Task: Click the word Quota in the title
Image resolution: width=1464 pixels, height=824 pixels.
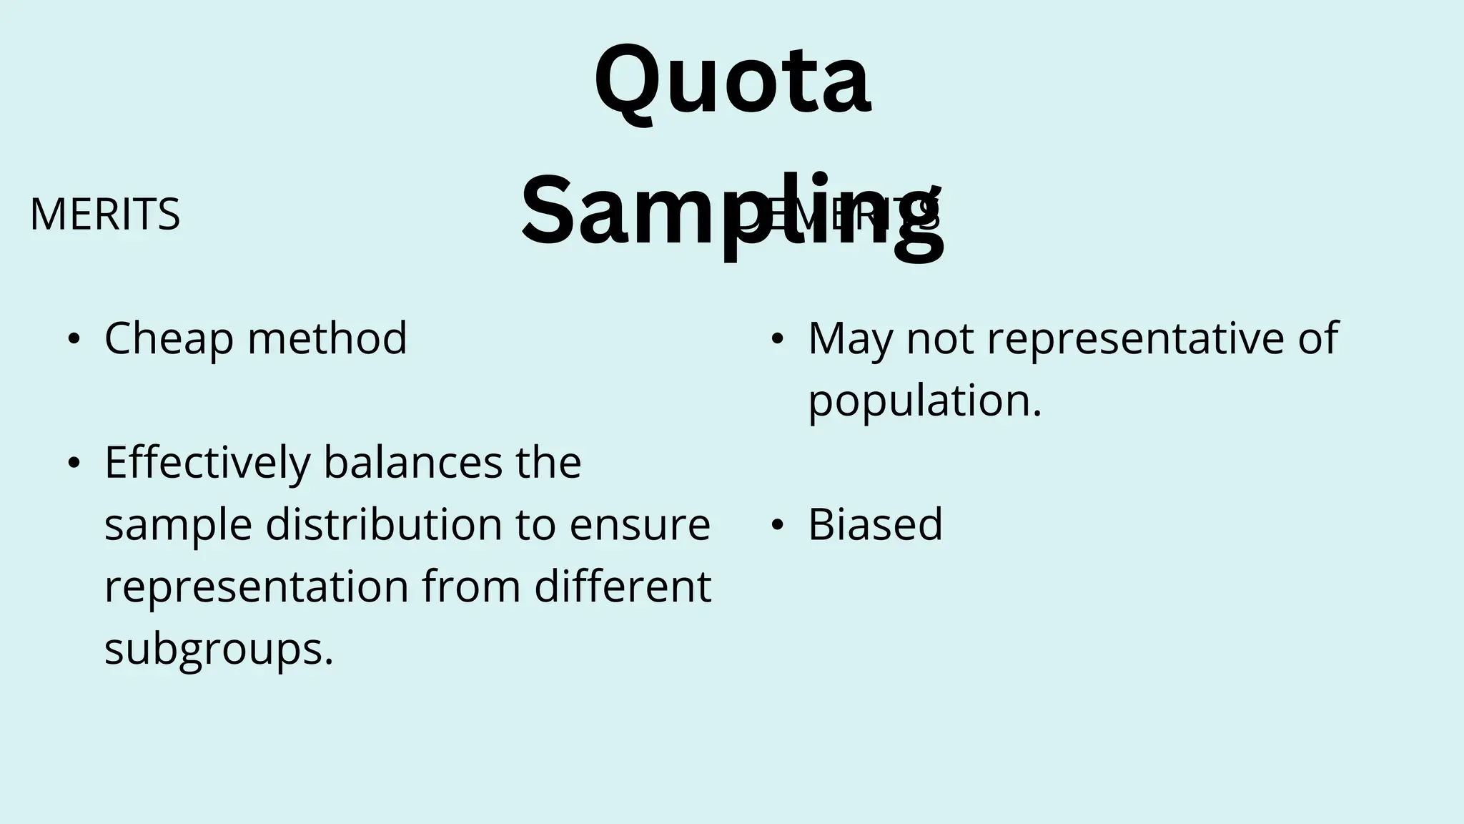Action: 732,82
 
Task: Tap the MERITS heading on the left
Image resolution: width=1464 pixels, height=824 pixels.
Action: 105,215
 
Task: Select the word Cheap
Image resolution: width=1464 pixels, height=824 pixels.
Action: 169,338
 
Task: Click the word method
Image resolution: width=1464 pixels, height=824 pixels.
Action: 327,338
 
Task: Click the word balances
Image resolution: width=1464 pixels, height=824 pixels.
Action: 412,463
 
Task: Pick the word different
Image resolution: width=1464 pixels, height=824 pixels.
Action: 623,587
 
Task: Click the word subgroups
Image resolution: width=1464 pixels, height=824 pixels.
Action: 218,649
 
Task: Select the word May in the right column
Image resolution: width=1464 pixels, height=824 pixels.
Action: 850,338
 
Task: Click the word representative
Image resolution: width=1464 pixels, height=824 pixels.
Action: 1137,338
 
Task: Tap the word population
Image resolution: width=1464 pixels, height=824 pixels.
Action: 924,401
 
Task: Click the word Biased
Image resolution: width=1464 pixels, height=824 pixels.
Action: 875,524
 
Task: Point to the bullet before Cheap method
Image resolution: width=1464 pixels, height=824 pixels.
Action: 74,339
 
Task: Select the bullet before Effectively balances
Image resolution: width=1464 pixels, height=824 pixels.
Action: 74,463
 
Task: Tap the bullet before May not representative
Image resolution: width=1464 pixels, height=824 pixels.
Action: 777,339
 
